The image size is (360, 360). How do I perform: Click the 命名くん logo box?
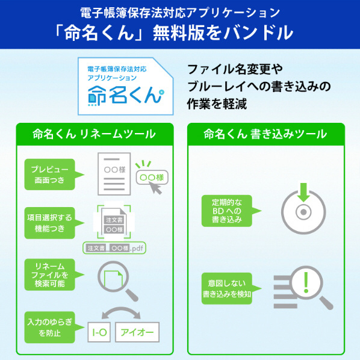click(125, 86)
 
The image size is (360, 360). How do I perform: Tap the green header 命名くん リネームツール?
click(95, 134)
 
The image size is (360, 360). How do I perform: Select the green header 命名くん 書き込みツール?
click(266, 134)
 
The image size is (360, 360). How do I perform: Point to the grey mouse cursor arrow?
click(155, 188)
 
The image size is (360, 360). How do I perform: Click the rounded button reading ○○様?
click(152, 177)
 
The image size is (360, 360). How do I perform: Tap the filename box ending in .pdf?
click(114, 248)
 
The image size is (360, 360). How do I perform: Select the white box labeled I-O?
click(99, 332)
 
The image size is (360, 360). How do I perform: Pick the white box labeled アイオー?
click(137, 332)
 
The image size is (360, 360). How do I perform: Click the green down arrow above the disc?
click(303, 193)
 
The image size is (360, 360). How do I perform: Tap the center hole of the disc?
click(303, 212)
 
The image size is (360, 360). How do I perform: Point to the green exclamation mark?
click(306, 282)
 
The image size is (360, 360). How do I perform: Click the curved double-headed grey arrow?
click(121, 311)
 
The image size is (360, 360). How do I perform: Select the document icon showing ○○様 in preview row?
click(114, 174)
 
